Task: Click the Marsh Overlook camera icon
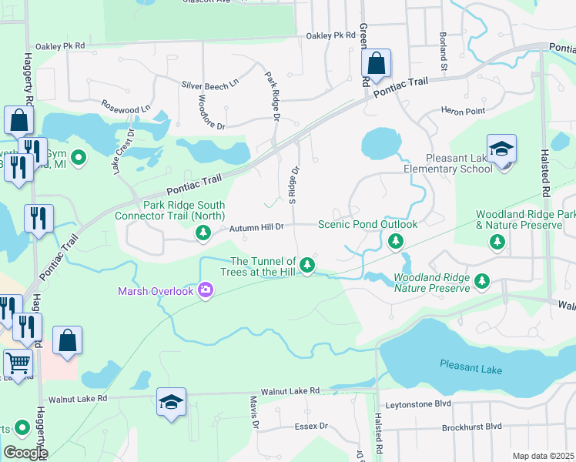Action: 206,290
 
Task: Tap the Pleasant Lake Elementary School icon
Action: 501,149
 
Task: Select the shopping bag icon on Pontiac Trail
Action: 376,64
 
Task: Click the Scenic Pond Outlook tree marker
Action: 396,243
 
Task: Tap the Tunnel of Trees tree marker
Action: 307,266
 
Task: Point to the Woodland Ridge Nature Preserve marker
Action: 482,281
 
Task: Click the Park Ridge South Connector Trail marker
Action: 203,235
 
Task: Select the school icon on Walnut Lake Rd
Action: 172,403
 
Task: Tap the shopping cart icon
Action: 18,362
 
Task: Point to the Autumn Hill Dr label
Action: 258,227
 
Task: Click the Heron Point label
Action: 463,112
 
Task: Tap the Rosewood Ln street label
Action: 126,107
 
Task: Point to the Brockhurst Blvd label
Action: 471,426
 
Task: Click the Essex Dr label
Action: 311,426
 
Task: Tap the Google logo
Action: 25,453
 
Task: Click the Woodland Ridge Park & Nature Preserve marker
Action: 497,243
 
